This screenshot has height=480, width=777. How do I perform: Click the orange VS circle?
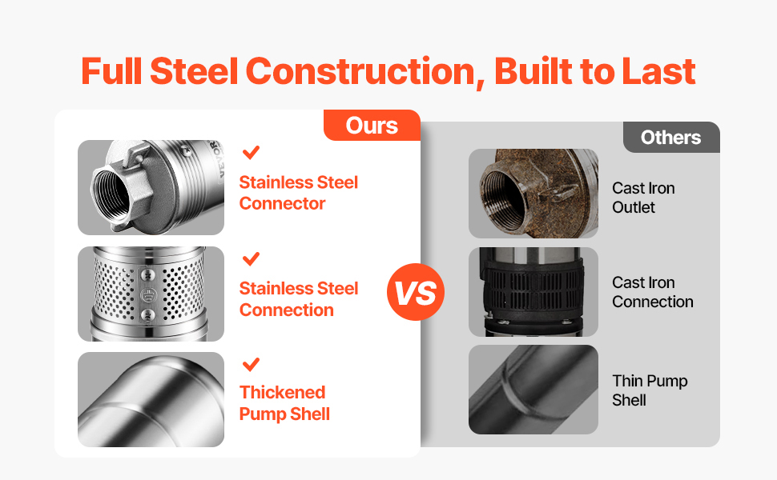415,292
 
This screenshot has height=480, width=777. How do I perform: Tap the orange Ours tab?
372,125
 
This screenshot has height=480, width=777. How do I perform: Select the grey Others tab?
671,137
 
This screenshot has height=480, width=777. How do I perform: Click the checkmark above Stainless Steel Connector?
252,152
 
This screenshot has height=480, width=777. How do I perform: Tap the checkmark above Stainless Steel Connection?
252,258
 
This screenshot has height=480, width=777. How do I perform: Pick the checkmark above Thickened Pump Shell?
252,364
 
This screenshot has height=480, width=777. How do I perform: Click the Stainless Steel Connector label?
298,193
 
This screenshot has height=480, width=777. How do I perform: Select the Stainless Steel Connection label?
298,299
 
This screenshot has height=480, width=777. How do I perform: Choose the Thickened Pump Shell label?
284,403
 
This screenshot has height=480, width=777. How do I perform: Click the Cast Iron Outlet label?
643,198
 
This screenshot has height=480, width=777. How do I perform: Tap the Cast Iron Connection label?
653,292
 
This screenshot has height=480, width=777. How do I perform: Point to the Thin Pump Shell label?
650,390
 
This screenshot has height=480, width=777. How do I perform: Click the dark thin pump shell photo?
533,390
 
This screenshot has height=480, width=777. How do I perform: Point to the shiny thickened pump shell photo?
151,399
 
